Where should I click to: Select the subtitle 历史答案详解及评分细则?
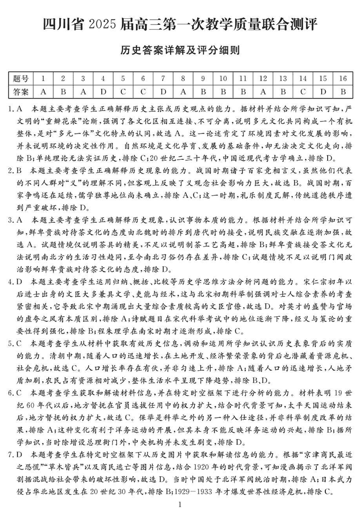pyautogui.click(x=180, y=50)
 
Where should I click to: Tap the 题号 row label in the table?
pyautogui.click(x=21, y=79)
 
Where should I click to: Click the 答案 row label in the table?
pyautogui.click(x=21, y=92)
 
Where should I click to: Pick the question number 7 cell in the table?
pyautogui.click(x=163, y=79)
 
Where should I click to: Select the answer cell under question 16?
pyautogui.click(x=342, y=92)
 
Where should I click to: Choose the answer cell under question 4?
pyautogui.click(x=103, y=92)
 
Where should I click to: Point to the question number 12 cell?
pyautogui.click(x=263, y=79)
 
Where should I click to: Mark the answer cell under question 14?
pyautogui.click(x=303, y=92)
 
